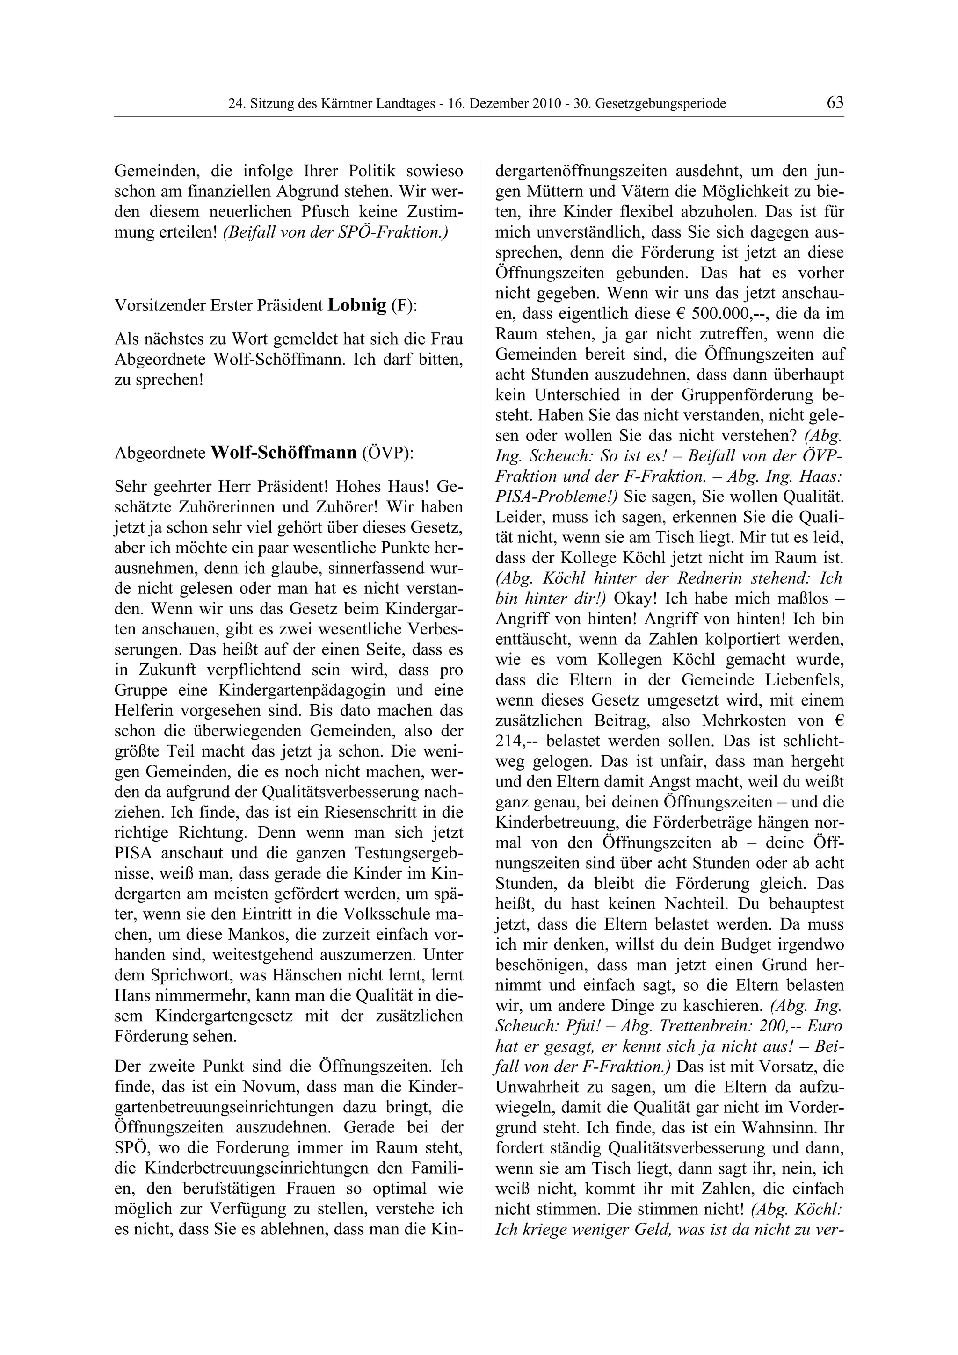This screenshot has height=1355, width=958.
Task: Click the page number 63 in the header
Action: coord(835,103)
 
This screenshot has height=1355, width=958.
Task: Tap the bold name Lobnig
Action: coord(356,305)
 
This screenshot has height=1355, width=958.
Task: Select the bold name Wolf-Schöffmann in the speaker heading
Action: coord(283,453)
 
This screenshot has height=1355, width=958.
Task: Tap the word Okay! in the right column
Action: coord(636,598)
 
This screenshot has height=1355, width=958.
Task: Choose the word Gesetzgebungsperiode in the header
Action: coord(660,104)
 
